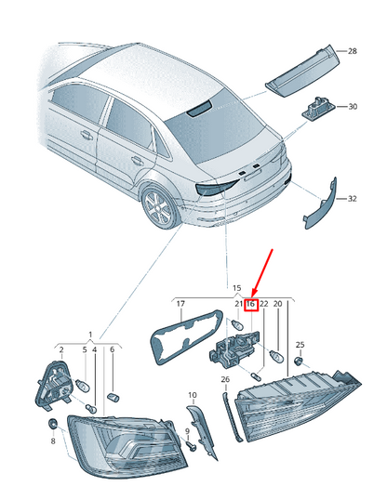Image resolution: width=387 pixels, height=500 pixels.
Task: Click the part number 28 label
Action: coord(352,51)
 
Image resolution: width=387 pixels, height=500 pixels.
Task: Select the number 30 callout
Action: coord(353,107)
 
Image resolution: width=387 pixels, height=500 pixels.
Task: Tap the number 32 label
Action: coord(352,199)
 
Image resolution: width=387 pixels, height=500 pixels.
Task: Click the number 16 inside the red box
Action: coord(250,304)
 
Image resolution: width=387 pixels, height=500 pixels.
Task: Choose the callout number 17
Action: coord(180,304)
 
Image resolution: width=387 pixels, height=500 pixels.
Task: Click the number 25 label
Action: coord(300,345)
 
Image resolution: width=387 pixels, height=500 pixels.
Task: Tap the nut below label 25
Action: coord(298,362)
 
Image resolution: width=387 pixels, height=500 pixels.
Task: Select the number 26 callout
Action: coord(225,379)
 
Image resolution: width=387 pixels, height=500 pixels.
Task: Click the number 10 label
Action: coord(193,395)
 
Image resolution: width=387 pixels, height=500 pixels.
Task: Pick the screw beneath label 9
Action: coord(192,446)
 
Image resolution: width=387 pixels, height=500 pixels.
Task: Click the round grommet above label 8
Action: coord(52,424)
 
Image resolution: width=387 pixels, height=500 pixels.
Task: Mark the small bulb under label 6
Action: coord(113,398)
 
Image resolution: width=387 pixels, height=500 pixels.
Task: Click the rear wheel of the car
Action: coord(160,206)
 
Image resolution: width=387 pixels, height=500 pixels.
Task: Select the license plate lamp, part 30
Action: coord(316,108)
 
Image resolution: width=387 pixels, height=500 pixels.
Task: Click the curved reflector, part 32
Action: coord(320,204)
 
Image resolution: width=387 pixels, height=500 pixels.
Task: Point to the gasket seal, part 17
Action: coord(186,336)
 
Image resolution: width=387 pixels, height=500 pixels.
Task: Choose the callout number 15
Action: coord(236,288)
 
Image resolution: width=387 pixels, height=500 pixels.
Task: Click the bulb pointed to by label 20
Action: coord(276,356)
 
